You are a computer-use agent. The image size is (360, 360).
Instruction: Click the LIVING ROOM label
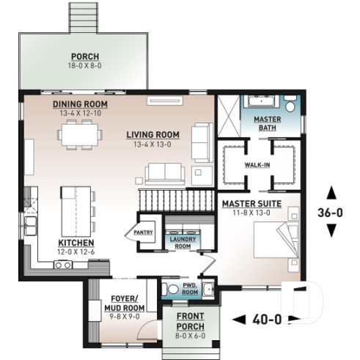pos(153,134)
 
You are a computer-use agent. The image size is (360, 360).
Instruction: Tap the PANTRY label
pos(142,232)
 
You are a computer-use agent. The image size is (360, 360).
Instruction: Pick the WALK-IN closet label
pos(257,164)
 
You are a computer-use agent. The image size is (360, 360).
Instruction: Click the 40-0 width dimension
pos(266,319)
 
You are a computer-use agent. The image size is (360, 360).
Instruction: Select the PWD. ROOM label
pos(189,289)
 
